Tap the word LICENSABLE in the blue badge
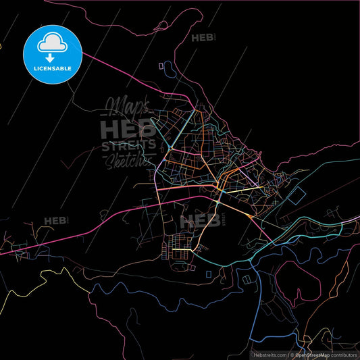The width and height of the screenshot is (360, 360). [x=53, y=68]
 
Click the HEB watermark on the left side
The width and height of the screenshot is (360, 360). [x=55, y=221]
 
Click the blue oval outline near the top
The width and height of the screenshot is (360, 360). [x=161, y=66]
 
